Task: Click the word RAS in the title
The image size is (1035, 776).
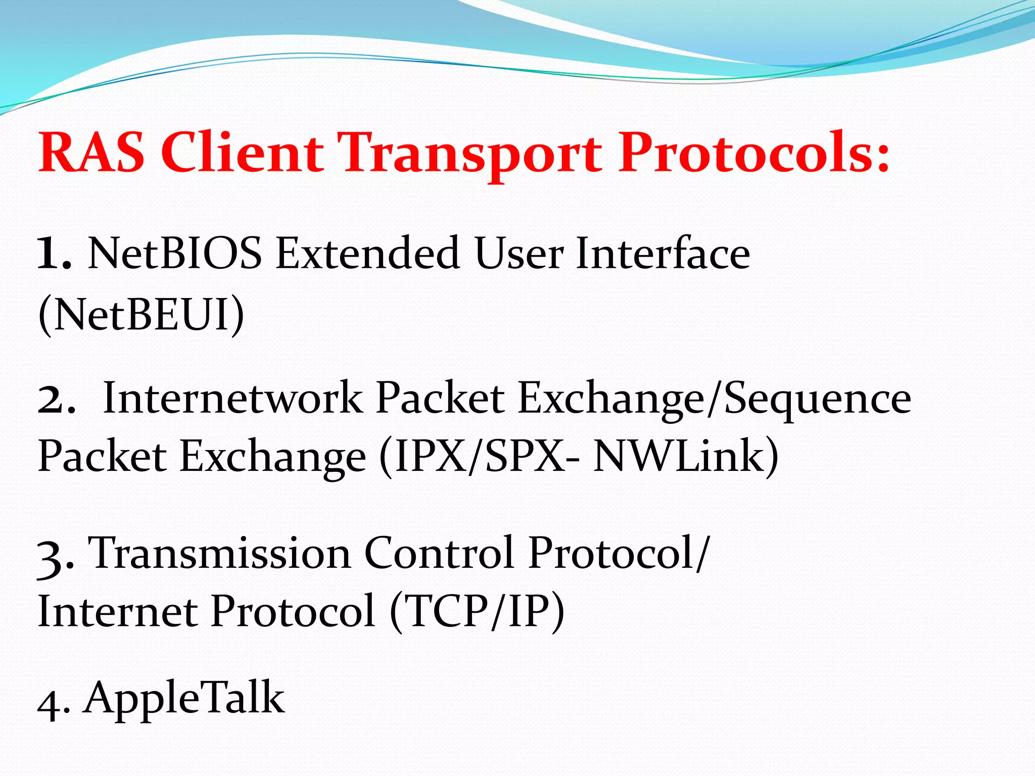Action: (x=91, y=153)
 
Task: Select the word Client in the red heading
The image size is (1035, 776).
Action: (x=242, y=153)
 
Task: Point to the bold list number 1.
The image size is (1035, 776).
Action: (x=54, y=254)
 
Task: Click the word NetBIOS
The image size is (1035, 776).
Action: (x=175, y=253)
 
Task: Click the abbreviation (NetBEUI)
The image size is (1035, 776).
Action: (x=141, y=315)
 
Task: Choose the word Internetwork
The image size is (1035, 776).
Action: (x=232, y=398)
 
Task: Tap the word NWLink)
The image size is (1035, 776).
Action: (x=685, y=456)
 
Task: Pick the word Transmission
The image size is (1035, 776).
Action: (x=220, y=553)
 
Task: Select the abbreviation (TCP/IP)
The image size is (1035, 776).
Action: (x=477, y=612)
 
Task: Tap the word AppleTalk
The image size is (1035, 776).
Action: (x=184, y=698)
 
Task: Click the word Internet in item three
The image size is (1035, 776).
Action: (x=117, y=612)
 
